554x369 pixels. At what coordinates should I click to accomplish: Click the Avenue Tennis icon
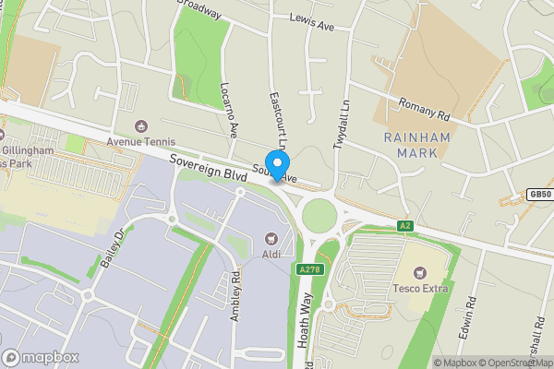[140, 125]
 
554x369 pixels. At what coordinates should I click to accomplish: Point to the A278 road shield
[309, 269]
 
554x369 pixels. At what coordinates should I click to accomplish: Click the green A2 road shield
[404, 226]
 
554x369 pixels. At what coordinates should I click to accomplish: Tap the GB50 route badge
[540, 195]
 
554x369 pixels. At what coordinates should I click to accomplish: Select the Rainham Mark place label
[415, 146]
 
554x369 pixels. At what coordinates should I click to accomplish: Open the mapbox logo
[41, 357]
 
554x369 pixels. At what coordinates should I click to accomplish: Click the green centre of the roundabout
[319, 217]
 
